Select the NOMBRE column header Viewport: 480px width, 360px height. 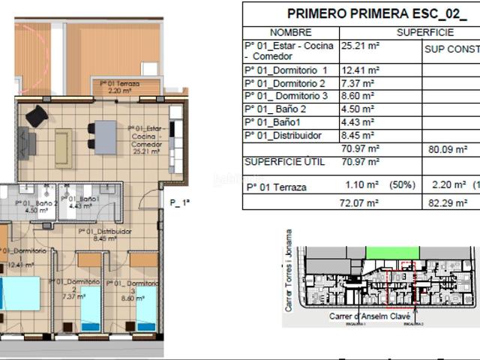tap(290, 33)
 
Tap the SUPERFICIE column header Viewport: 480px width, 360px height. tap(424, 33)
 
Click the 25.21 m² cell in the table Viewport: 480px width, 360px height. tap(360, 46)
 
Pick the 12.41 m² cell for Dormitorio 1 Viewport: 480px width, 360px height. tap(360, 70)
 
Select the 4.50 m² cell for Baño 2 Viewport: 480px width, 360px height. tap(358, 109)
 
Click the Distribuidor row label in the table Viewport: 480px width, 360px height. tap(283, 136)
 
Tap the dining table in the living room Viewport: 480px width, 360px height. tap(105, 137)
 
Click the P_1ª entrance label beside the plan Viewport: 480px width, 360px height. tap(179, 202)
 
